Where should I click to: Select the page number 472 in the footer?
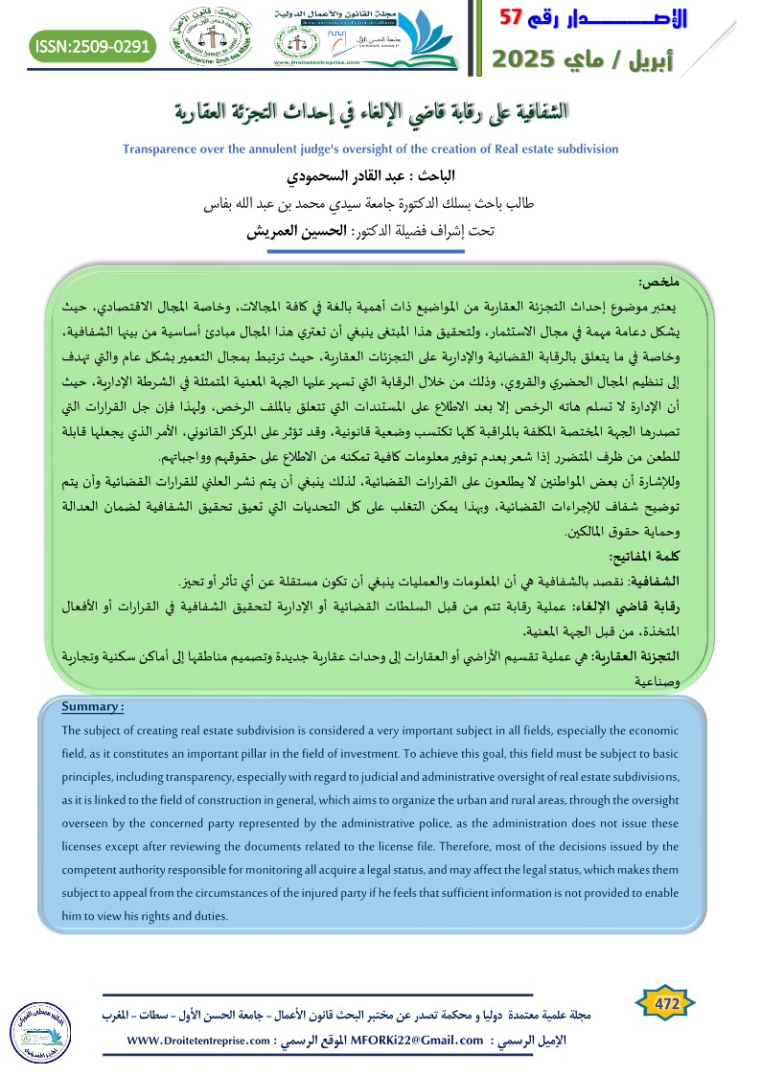pyautogui.click(x=664, y=1003)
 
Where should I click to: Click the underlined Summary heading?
pyautogui.click(x=92, y=707)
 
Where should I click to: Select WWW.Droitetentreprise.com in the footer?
pyautogui.click(x=195, y=1040)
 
